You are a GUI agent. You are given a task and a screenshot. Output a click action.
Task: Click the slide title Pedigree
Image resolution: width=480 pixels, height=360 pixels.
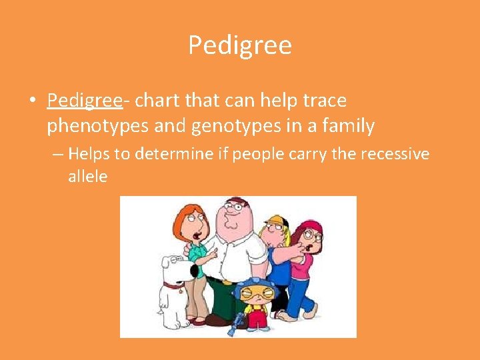(240, 45)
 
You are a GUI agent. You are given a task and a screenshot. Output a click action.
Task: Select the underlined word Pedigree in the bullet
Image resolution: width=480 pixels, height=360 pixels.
(84, 101)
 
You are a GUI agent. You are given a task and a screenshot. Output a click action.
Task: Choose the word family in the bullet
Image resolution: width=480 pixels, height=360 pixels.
(346, 125)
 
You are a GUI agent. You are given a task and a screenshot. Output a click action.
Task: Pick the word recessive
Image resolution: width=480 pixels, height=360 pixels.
(395, 155)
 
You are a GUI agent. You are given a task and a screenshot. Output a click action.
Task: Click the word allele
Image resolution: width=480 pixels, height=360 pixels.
(87, 177)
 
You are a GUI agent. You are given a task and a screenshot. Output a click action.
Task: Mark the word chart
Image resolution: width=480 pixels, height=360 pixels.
(158, 101)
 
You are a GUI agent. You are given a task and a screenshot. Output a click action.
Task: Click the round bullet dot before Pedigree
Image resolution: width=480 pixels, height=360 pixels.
(31, 101)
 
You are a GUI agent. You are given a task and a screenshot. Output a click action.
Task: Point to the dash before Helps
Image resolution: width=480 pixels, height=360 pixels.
(58, 155)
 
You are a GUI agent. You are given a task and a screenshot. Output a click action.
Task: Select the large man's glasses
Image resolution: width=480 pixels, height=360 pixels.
(231, 207)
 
